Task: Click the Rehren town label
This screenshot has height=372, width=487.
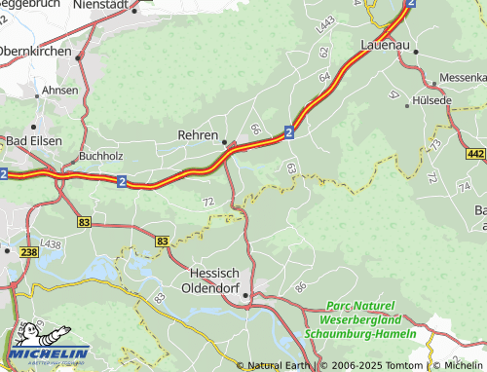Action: click(x=199, y=136)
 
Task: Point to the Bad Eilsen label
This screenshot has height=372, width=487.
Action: click(x=34, y=141)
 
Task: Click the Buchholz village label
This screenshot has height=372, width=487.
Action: click(x=101, y=155)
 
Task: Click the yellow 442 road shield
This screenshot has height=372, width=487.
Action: click(x=475, y=154)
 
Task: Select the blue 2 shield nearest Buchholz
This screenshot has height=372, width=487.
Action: click(x=120, y=180)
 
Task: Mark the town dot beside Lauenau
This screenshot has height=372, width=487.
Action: click(x=416, y=51)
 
